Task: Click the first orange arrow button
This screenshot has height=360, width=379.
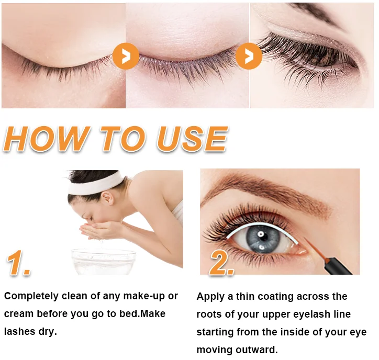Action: [126, 55]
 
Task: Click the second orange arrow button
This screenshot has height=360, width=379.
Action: [249, 55]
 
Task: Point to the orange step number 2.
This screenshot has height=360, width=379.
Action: [222, 263]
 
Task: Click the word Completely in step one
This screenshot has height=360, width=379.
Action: [30, 297]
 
